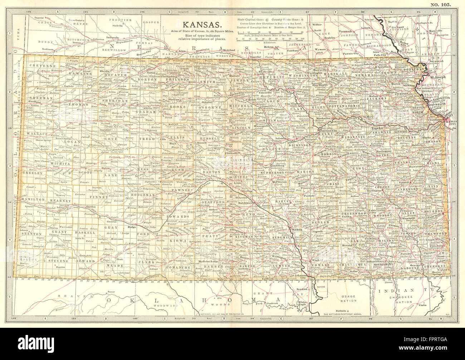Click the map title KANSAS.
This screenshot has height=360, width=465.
(x=202, y=25)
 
